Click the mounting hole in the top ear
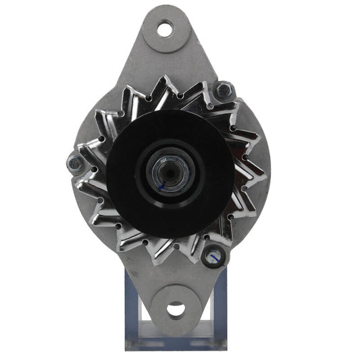(165, 29)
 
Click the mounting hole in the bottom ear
(176, 310)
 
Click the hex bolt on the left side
(75, 161)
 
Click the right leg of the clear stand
(217, 304)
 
